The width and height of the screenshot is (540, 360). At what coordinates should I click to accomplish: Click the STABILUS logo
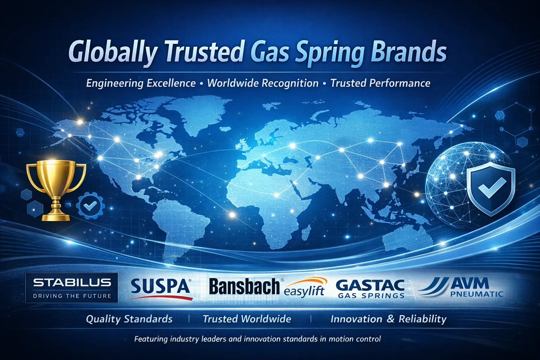(72, 288)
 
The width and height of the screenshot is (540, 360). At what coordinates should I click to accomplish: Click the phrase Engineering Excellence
(141, 83)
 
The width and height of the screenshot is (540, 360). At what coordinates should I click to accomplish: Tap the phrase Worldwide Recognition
(263, 83)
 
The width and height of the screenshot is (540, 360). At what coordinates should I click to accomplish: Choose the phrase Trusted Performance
(380, 83)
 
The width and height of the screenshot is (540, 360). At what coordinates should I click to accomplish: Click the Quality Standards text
(129, 319)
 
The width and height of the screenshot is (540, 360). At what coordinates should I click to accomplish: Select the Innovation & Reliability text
(388, 319)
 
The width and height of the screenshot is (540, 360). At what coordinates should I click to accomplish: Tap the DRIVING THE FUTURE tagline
(72, 296)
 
